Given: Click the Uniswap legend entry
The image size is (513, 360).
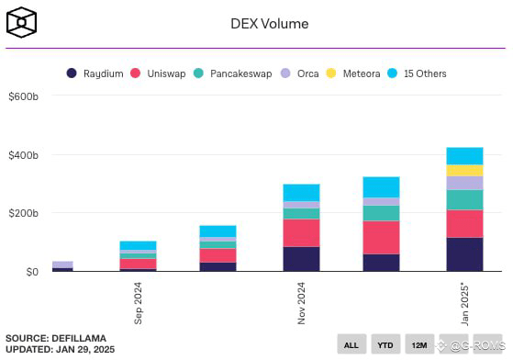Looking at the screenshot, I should pyautogui.click(x=162, y=73).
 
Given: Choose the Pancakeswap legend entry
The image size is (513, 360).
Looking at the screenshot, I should pyautogui.click(x=233, y=73).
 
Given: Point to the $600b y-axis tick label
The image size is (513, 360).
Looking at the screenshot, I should pyautogui.click(x=23, y=96).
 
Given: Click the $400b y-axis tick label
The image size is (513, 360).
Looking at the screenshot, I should pyautogui.click(x=23, y=155).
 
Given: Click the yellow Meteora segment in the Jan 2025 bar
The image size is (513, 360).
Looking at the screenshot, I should pyautogui.click(x=464, y=170).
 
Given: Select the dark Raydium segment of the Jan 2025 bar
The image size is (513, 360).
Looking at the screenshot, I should pyautogui.click(x=464, y=254).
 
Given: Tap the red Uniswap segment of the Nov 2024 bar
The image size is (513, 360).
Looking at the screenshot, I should pyautogui.click(x=301, y=232).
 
